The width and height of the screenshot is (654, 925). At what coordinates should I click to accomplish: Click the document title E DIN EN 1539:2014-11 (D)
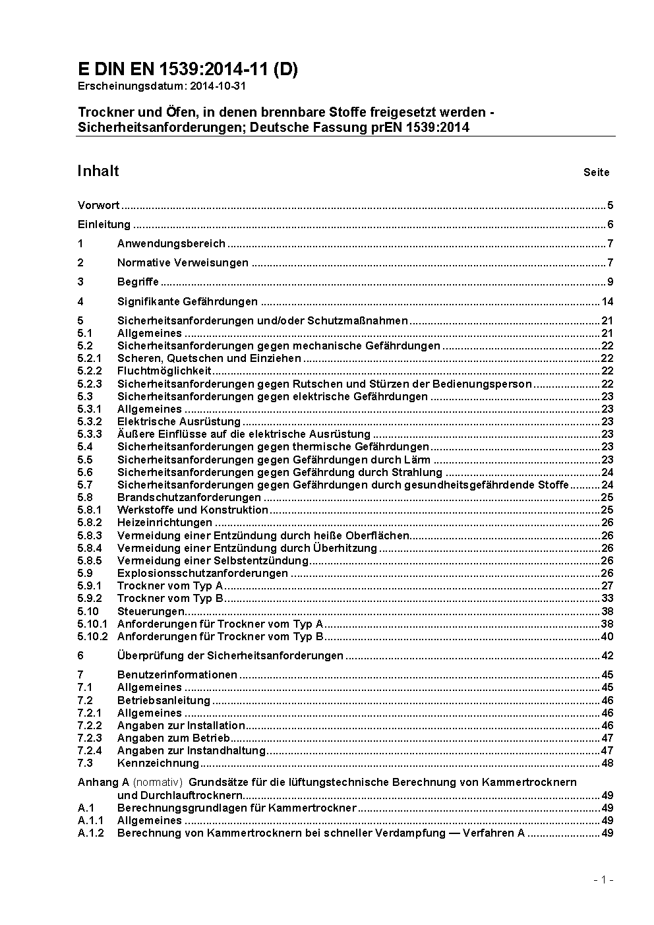click(188, 69)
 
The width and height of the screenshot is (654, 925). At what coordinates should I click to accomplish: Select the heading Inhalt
click(98, 171)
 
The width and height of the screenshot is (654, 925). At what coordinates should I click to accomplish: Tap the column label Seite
click(596, 173)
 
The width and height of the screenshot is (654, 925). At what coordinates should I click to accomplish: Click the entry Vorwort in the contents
click(98, 205)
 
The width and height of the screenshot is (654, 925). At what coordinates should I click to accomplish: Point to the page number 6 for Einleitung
click(610, 224)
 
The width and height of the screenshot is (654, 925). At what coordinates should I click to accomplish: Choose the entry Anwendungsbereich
click(171, 243)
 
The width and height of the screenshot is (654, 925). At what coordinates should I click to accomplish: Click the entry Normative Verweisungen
click(183, 262)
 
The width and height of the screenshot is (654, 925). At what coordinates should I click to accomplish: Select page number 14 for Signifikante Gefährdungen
click(607, 302)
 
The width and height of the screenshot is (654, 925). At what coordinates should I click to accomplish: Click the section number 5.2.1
click(90, 358)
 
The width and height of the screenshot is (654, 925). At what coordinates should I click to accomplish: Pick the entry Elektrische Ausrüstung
click(179, 421)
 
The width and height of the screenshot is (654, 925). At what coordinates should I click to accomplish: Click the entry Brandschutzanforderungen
click(189, 497)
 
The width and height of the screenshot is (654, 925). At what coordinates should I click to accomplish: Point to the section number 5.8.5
click(90, 560)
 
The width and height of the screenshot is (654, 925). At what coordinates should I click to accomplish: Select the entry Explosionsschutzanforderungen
click(202, 573)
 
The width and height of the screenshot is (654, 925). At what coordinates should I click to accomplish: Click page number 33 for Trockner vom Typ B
click(607, 598)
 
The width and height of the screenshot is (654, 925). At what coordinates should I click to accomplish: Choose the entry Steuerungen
click(150, 611)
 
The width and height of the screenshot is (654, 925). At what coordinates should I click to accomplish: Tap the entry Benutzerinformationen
click(177, 674)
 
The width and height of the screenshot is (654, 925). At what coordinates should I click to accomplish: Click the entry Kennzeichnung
click(158, 763)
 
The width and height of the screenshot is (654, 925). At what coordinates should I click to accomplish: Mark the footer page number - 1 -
click(603, 880)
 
